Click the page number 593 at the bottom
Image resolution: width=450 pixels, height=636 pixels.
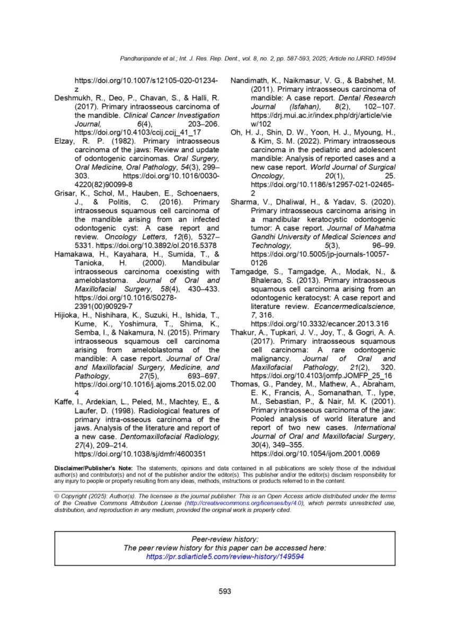(x=225, y=591)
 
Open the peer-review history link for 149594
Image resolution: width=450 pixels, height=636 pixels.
(x=225, y=557)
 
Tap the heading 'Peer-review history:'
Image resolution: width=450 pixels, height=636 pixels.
(x=225, y=538)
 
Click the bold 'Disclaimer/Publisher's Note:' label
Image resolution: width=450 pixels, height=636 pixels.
(x=94, y=468)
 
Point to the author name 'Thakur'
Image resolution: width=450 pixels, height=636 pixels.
(x=243, y=332)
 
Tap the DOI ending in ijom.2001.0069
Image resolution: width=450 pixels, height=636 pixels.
(x=316, y=454)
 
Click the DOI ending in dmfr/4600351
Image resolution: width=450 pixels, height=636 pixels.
(x=140, y=454)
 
